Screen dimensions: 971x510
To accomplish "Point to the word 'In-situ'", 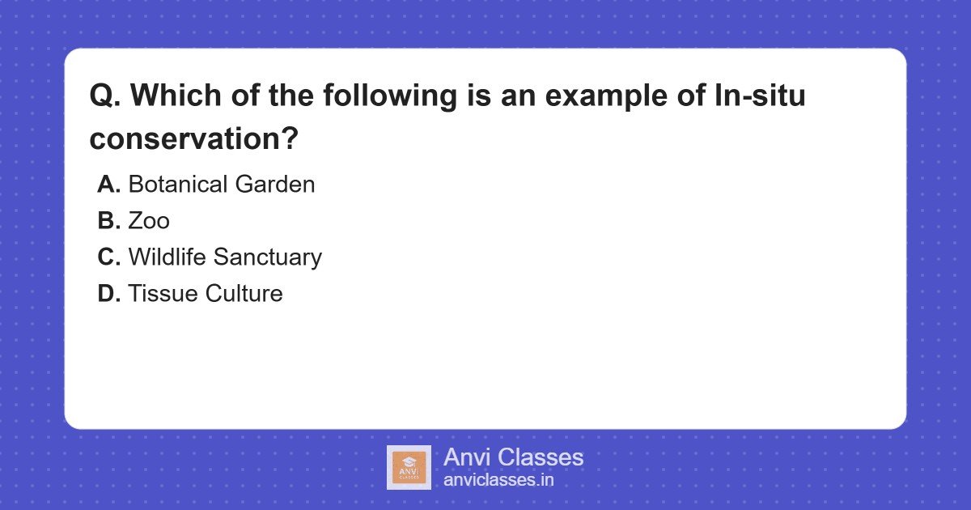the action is [760, 95].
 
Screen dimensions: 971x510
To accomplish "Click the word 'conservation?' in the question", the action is [193, 138].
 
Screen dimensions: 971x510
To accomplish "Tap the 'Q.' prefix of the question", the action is [105, 96].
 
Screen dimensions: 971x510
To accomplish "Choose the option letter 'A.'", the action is [108, 184].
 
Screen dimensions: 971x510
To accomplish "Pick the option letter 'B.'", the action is [108, 220].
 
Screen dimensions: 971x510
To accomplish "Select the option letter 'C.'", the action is [108, 257].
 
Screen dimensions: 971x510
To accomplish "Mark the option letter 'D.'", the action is [108, 293].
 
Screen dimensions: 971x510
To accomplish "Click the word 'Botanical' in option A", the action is [178, 184].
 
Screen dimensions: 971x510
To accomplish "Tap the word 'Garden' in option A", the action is [275, 184].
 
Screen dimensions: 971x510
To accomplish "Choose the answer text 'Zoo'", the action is [149, 220].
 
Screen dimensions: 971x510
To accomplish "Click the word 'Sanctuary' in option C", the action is [268, 257].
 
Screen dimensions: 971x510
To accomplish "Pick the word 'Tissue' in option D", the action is [163, 293].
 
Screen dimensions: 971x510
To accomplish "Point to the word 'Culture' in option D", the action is [244, 293].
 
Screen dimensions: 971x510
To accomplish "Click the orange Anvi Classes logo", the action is [409, 468].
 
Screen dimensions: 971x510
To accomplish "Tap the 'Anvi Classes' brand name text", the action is [513, 457].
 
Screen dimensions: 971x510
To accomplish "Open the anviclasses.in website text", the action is [498, 480].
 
